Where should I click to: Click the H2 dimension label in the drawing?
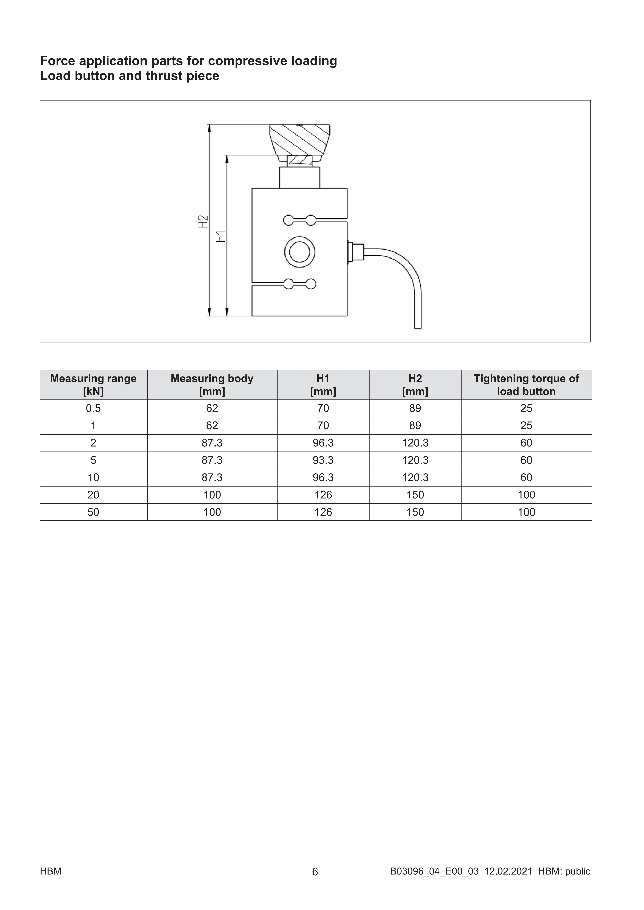click(203, 221)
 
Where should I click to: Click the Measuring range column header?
click(93, 385)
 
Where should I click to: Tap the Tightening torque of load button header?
click(526, 385)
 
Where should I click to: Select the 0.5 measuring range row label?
click(93, 408)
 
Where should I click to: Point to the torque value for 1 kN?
click(526, 426)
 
